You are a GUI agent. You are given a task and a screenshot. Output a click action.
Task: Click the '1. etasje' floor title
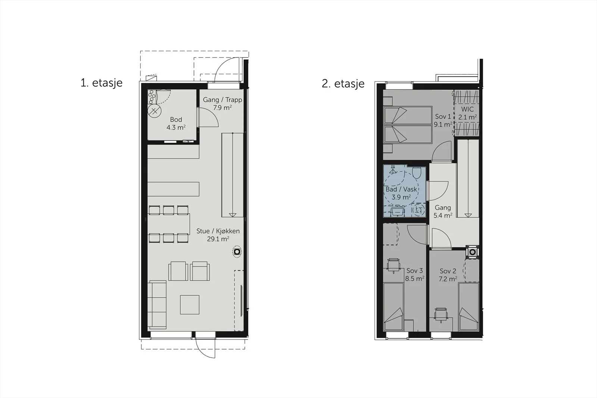tap(101, 83)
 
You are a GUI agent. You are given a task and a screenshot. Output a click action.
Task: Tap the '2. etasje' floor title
tap(343, 84)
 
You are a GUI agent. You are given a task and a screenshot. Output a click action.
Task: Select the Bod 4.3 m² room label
tap(176, 123)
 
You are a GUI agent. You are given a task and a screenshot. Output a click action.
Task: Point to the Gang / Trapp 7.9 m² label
tap(222, 104)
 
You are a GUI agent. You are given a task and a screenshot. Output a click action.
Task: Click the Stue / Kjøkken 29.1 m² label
tap(218, 235)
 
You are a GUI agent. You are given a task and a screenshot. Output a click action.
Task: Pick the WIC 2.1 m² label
tap(468, 113)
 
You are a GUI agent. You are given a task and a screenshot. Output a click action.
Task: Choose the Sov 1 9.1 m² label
tap(443, 120)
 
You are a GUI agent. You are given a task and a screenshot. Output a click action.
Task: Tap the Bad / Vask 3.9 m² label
tap(401, 193)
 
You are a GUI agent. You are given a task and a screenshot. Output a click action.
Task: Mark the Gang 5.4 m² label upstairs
tap(443, 211)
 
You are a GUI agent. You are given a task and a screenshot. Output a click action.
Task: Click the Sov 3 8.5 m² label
tap(415, 275)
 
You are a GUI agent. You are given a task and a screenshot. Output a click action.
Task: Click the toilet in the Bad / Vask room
tap(416, 172)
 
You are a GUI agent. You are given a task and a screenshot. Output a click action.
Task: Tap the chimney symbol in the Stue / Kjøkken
tap(237, 251)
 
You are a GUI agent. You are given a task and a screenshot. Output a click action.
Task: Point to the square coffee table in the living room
tap(190, 304)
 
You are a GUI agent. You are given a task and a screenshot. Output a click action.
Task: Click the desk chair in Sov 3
tap(393, 266)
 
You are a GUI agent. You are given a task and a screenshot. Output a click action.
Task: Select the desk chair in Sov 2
tap(441, 315)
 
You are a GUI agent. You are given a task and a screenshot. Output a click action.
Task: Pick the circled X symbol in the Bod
tap(154, 111)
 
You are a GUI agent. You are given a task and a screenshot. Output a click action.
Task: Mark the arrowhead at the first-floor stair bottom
tap(233, 215)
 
